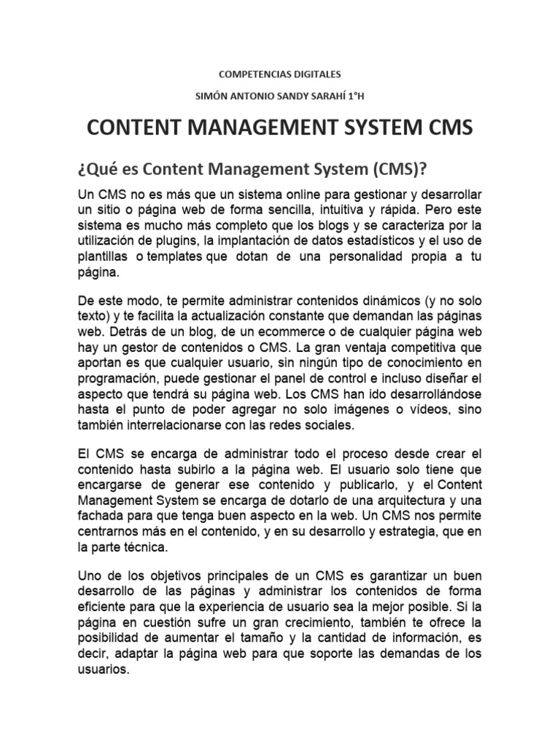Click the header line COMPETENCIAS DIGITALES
pos(280,74)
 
